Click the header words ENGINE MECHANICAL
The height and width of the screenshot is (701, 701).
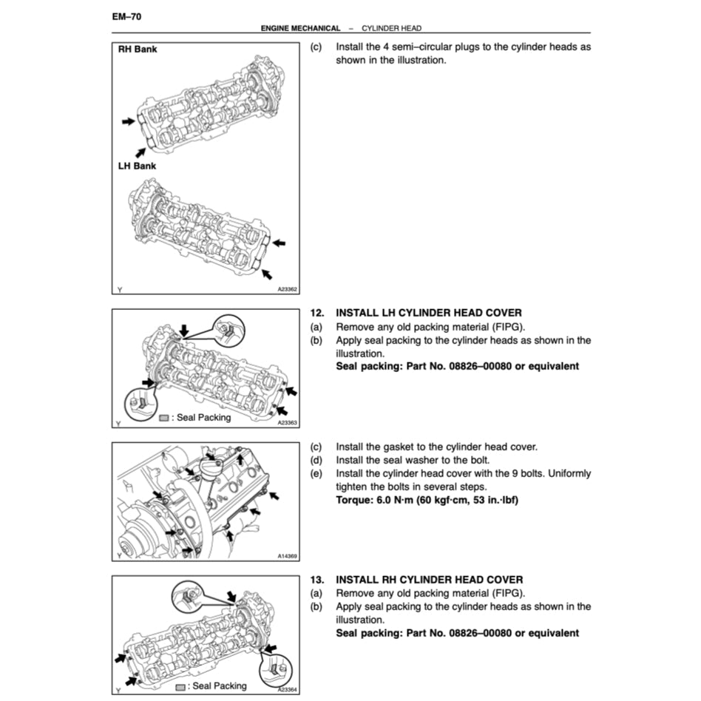pos(300,28)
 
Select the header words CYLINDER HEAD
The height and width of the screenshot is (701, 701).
pos(391,28)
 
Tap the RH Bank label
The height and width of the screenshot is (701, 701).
pos(138,50)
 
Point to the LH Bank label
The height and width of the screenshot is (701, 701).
pos(137,166)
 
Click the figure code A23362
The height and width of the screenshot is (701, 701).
pos(287,290)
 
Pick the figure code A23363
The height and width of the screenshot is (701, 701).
pos(287,423)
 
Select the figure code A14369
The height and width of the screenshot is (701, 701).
pos(287,556)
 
